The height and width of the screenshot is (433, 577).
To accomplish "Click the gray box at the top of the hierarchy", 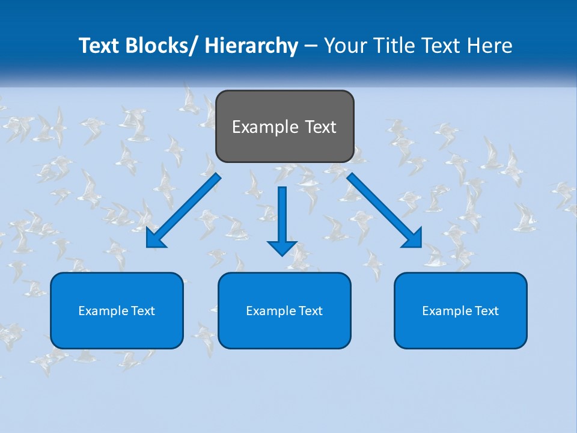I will pos(284,126).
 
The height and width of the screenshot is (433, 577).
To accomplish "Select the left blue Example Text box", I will pos(117,310).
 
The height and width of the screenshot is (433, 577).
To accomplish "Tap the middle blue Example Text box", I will pos(284,310).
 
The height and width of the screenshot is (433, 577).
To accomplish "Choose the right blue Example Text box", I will pos(460,310).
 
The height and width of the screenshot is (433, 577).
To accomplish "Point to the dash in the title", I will pos(310,46).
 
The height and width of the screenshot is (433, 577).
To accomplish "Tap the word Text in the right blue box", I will pos(486,311).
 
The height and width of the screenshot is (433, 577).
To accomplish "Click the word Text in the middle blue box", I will pos(310,311).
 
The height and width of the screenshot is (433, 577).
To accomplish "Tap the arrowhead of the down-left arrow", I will pos(156,238).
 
